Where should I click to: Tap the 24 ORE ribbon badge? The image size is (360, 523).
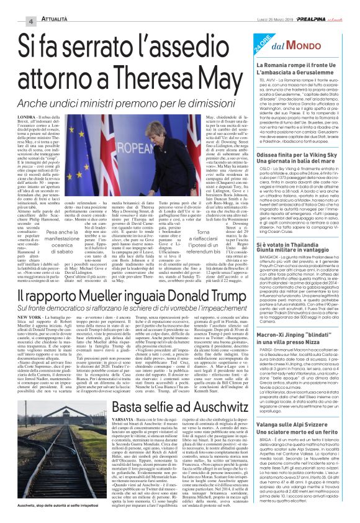coord(258,49)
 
